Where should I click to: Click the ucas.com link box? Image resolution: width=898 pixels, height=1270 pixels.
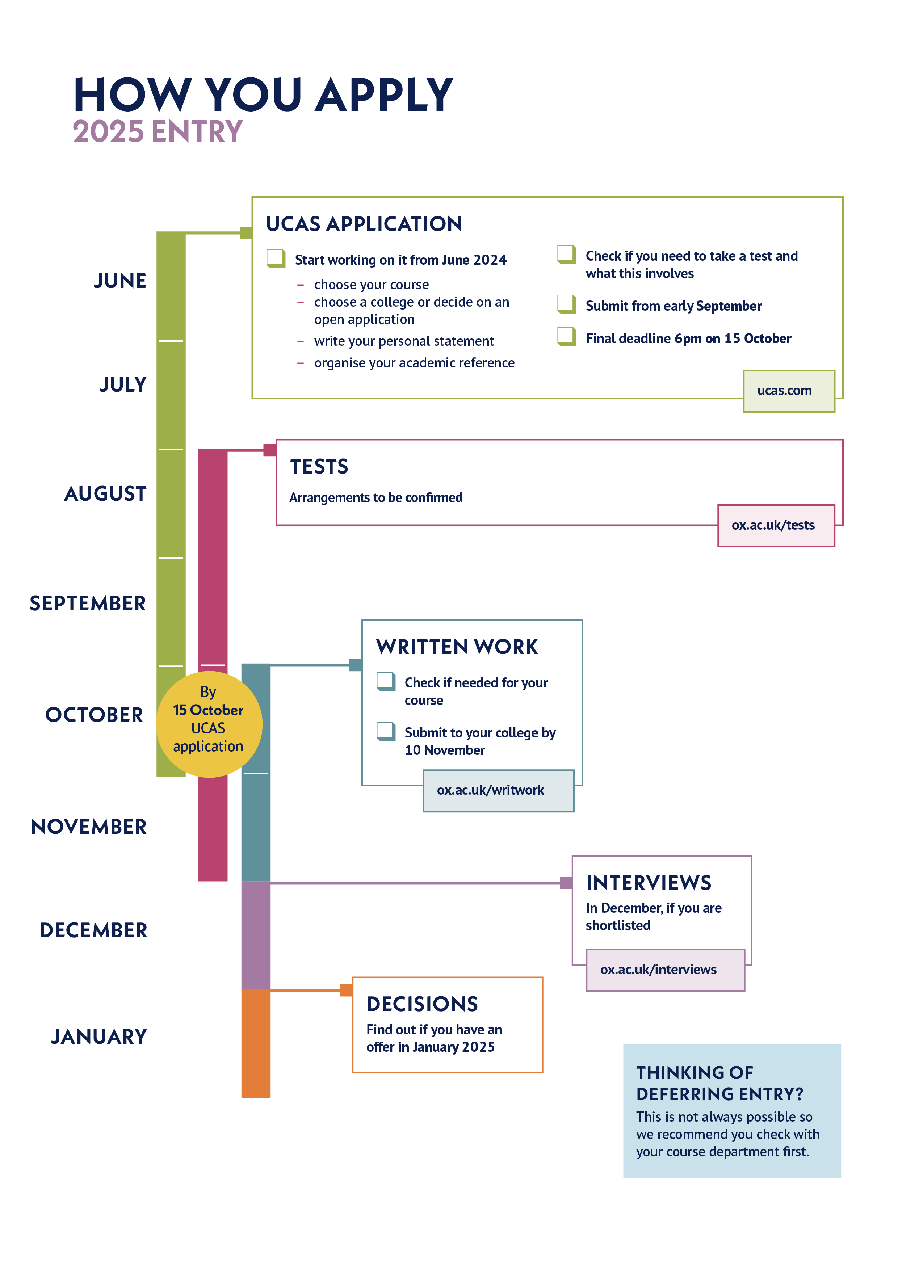pos(788,391)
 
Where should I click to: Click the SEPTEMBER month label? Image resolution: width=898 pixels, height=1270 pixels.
pos(88,604)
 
